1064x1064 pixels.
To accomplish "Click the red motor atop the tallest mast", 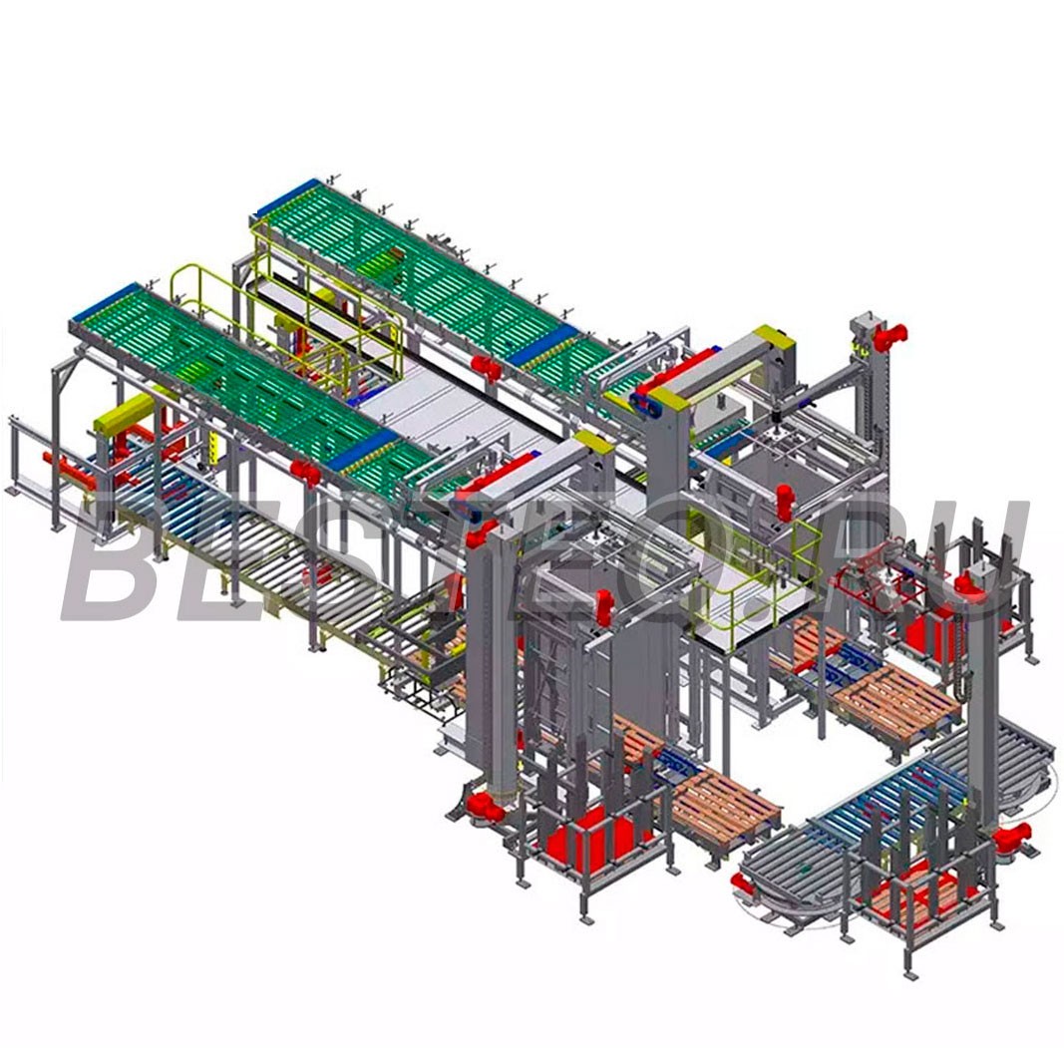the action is pyautogui.click(x=888, y=335).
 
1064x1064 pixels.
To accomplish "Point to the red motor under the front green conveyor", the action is pyautogui.click(x=305, y=471).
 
